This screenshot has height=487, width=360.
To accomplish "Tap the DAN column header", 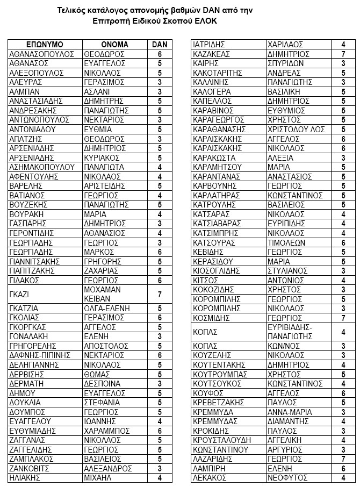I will click(160, 45).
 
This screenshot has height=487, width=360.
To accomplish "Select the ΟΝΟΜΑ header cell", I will click(114, 45).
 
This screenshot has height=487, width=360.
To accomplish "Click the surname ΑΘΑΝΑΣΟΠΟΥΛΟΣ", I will click(42, 54).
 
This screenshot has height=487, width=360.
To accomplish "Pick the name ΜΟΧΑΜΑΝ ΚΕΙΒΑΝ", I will click(103, 294).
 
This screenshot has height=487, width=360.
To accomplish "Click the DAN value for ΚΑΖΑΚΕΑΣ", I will click(343, 54).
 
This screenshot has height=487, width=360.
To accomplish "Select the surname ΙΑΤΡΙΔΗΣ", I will click(208, 45).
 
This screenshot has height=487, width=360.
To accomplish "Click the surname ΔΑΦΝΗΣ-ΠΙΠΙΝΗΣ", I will click(42, 355).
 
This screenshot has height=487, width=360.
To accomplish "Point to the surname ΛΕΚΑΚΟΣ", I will click(210, 477).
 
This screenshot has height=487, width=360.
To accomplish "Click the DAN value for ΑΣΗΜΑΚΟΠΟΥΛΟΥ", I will click(160, 167).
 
